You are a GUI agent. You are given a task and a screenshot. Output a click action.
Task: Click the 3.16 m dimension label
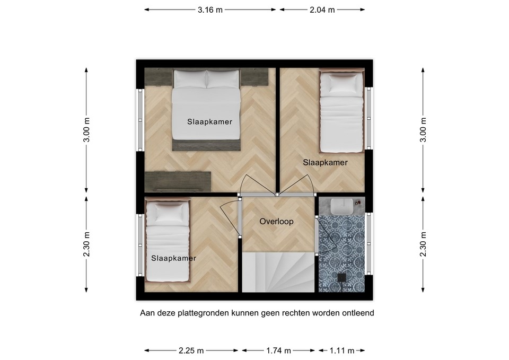coord(209,10)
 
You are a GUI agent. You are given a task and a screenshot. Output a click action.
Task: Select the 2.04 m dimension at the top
coord(322,10)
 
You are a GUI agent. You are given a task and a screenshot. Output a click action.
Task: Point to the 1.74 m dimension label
coord(279,350)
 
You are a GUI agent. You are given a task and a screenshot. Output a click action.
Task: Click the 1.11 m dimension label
coord(341,350)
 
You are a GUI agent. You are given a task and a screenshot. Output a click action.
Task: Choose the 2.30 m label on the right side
coord(423,244)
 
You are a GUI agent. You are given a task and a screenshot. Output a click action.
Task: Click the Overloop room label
coord(276,222)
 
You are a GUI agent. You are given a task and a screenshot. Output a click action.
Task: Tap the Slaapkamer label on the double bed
coord(209,121)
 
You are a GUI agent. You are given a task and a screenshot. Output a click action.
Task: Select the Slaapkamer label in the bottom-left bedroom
coord(173,258)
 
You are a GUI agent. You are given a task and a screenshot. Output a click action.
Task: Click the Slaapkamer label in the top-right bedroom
coord(325,162)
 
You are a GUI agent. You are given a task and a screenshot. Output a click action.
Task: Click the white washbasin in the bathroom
coord(341,206)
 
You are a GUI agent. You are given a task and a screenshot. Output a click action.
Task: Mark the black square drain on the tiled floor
coord(342,277)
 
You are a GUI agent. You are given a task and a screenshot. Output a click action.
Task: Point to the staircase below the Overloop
coord(278,271)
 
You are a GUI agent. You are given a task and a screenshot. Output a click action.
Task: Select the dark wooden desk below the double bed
coord(178,181)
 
